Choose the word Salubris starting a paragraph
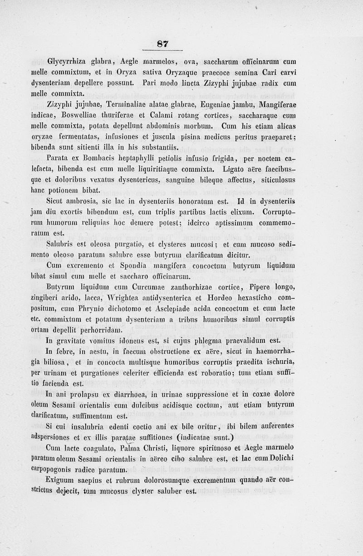[61, 244]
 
